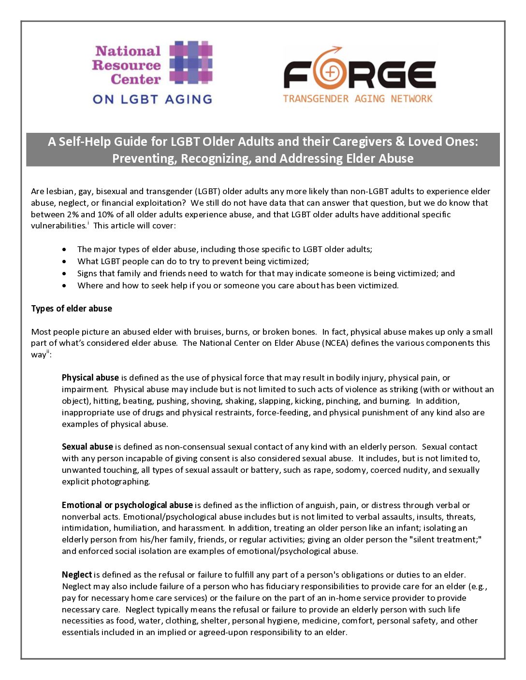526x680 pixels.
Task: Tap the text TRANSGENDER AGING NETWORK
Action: tap(357, 99)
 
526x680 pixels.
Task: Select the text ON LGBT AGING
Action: tap(152, 99)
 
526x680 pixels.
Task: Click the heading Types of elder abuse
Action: tap(72, 309)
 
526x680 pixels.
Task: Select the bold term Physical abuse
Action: tap(90, 378)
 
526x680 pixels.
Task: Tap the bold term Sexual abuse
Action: tap(88, 447)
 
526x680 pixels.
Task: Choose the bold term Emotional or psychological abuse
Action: tap(127, 505)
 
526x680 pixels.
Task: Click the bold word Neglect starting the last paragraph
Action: tap(77, 575)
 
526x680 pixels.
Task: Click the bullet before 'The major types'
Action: tap(65, 250)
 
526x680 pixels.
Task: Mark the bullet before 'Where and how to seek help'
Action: tap(65, 286)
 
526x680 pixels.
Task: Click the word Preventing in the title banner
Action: tap(144, 158)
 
